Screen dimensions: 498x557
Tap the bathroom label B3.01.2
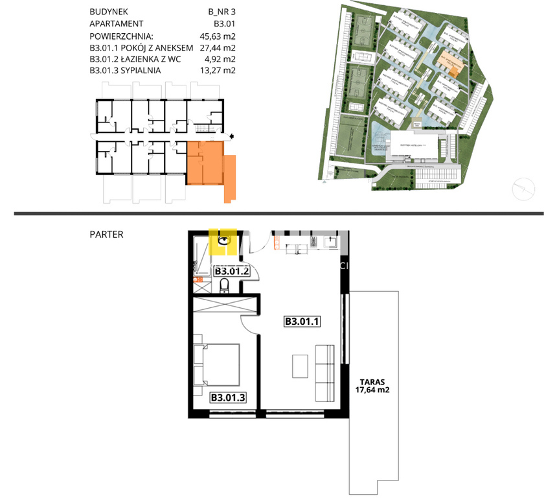(x=232, y=272)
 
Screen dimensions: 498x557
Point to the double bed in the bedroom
(x=217, y=364)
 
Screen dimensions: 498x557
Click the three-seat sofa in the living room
(x=323, y=372)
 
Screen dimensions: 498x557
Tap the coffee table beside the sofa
(x=300, y=366)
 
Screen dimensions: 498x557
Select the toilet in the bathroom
(x=225, y=285)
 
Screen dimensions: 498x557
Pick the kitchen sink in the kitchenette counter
(x=330, y=243)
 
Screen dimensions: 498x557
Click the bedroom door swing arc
(x=249, y=321)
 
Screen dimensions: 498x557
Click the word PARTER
(x=106, y=234)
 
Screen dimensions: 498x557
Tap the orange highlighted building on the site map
(x=456, y=65)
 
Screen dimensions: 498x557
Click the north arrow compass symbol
(x=523, y=190)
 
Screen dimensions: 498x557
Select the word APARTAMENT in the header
(x=117, y=25)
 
